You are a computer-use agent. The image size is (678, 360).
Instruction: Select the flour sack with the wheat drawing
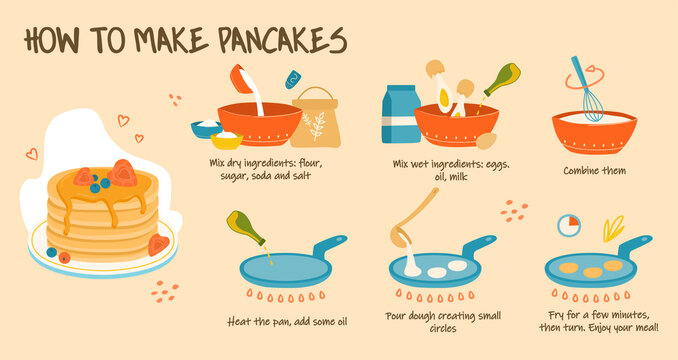[x=315, y=121]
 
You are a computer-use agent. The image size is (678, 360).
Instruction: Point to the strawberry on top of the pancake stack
[x=123, y=173]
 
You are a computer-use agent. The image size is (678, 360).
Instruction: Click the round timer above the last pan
[x=569, y=225]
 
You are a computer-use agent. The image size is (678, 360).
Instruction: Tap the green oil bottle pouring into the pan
[x=245, y=229]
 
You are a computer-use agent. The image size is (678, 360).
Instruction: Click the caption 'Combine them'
[x=594, y=170]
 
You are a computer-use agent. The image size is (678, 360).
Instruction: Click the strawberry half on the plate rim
[x=158, y=245]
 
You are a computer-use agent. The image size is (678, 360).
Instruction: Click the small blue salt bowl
[x=205, y=129]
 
